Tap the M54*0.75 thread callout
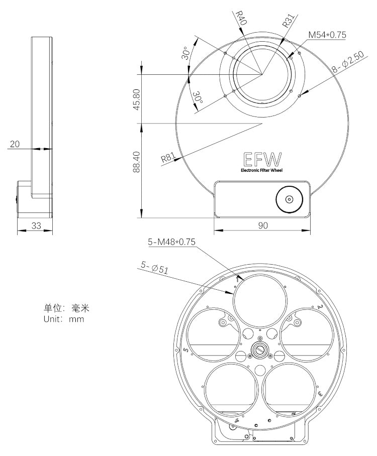327,35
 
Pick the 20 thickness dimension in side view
15,144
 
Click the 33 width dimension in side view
36,225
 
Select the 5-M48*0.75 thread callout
171,242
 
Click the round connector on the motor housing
289,199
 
